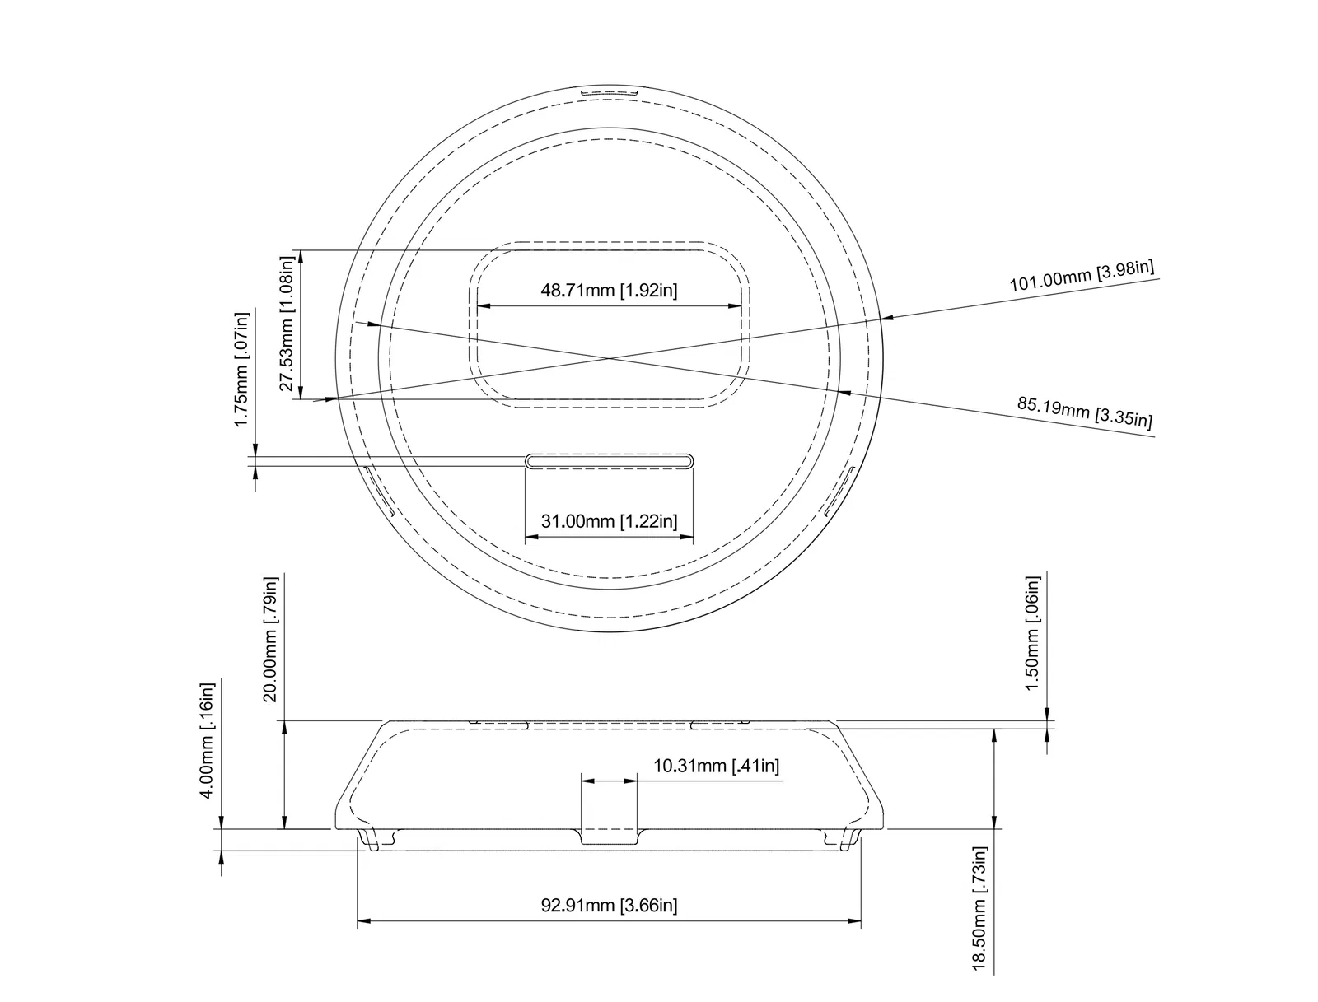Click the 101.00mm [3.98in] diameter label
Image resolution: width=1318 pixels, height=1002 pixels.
click(x=1082, y=276)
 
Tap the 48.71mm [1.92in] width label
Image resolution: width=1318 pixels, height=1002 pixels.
click(x=609, y=290)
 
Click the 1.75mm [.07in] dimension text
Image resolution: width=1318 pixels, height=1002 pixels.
click(x=241, y=369)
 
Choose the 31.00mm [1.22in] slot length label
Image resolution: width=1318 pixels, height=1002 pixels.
click(x=609, y=521)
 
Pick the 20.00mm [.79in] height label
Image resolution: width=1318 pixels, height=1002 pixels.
click(x=270, y=639)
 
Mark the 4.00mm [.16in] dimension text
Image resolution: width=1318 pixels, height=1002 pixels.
click(x=207, y=740)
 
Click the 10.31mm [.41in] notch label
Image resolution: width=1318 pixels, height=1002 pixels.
click(x=716, y=767)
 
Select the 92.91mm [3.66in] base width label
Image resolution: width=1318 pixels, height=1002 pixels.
click(x=609, y=906)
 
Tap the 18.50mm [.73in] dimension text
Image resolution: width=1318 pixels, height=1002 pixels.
click(x=979, y=910)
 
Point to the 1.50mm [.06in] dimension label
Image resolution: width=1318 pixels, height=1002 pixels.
click(x=1033, y=633)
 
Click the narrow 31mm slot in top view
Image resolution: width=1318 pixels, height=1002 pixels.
click(x=609, y=459)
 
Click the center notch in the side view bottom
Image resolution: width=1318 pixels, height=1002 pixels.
click(x=609, y=837)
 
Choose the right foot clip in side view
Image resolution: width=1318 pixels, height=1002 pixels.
click(x=843, y=839)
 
